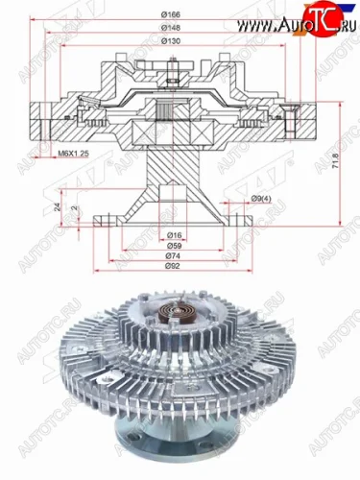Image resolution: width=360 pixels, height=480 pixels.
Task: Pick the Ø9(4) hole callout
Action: pyautogui.click(x=258, y=199)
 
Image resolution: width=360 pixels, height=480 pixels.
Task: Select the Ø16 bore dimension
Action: pyautogui.click(x=176, y=234)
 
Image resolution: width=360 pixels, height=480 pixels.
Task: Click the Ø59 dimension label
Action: pyautogui.click(x=176, y=245)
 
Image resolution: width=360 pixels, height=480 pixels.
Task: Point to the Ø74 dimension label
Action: pyautogui.click(x=176, y=255)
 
